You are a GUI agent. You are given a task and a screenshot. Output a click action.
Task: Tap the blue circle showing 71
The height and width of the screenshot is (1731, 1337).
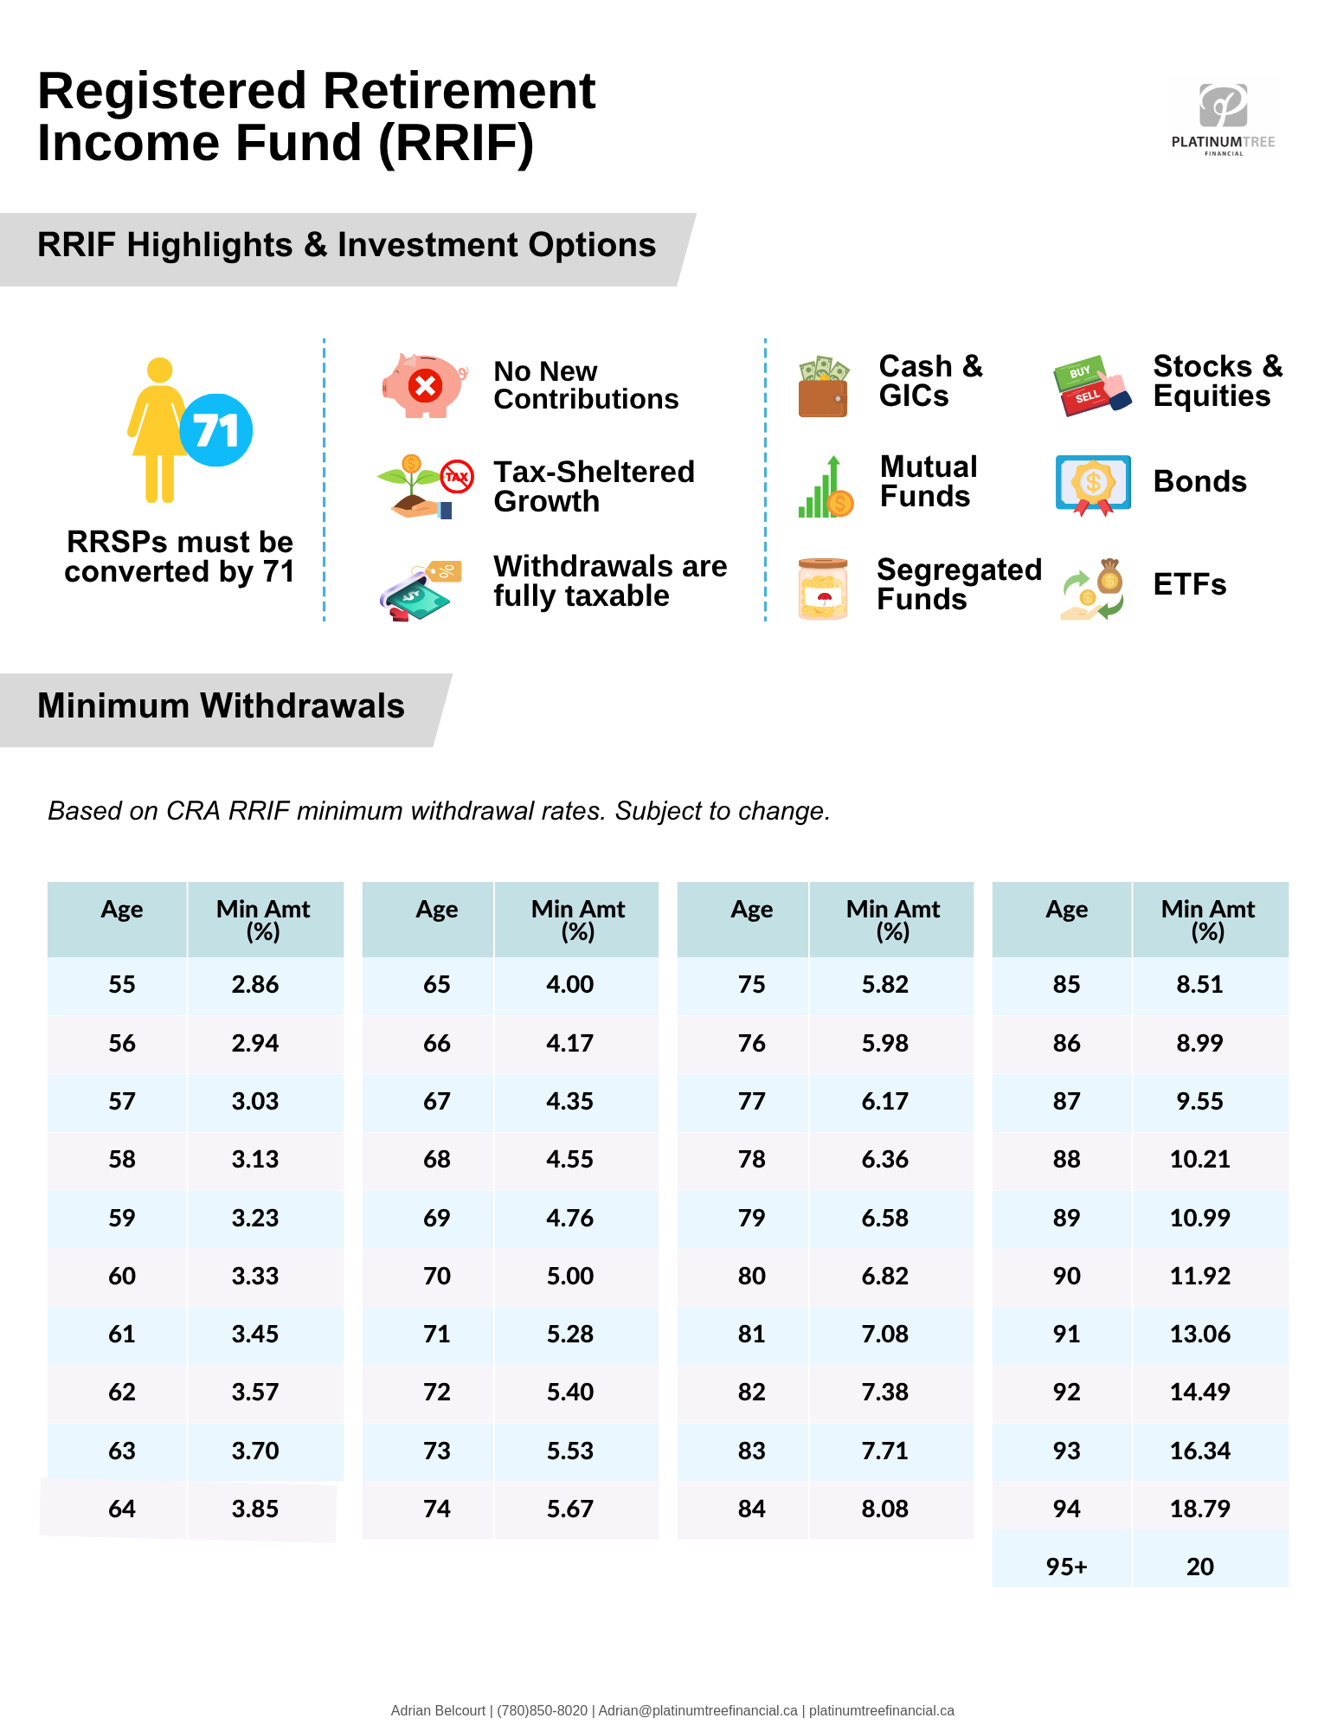216,430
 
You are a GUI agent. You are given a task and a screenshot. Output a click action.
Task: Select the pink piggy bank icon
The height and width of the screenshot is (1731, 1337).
424,385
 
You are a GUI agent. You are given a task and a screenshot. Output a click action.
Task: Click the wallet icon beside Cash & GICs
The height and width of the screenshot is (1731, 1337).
823,387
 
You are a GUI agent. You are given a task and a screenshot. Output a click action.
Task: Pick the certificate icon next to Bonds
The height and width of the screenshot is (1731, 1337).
1093,484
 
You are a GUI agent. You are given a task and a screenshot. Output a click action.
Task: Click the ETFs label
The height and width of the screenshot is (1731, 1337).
1190,585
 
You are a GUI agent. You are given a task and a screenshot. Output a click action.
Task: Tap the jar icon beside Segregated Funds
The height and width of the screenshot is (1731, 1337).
823,589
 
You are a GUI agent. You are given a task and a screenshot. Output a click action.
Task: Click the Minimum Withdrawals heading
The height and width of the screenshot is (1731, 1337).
221,706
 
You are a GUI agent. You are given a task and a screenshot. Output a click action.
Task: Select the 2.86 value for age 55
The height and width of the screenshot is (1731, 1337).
255,985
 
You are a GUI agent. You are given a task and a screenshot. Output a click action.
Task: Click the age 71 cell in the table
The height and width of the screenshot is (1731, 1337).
437,1335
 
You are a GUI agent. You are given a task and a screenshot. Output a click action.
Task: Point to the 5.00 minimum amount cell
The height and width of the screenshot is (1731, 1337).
570,1277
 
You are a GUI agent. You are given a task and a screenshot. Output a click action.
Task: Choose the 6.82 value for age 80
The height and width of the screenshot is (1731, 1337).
885,1277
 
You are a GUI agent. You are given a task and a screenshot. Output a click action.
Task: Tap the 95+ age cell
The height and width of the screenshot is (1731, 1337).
1066,1567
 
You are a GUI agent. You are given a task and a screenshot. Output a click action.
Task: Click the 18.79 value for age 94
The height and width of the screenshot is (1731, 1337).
1200,1509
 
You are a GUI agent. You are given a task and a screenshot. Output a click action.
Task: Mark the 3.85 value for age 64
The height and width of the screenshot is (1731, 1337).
255,1509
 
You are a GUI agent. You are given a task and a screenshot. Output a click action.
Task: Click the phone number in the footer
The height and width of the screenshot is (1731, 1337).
542,1711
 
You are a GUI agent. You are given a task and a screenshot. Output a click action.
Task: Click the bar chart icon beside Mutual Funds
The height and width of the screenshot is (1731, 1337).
825,487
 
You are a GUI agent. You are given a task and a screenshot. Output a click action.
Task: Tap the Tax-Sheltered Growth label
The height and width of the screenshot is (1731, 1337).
594,486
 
